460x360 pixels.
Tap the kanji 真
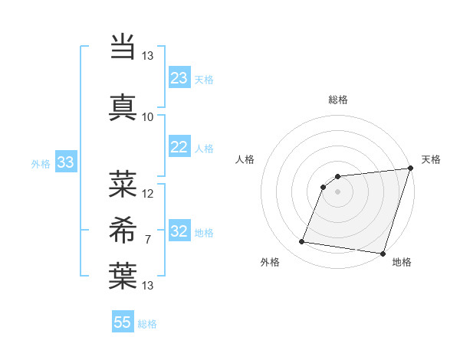(x=123, y=106)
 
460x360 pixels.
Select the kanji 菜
(x=123, y=184)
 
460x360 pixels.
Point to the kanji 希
(x=123, y=230)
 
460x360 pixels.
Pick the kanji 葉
(x=123, y=277)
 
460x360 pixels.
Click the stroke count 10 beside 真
(x=148, y=117)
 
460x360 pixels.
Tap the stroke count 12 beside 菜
(x=148, y=194)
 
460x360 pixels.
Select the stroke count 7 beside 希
(x=148, y=241)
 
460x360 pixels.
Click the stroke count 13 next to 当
(x=148, y=56)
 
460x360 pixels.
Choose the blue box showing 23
(x=179, y=78)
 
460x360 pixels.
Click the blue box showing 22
(x=179, y=148)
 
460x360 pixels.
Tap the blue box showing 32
(x=179, y=232)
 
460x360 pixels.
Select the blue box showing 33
(x=65, y=162)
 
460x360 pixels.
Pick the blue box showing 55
(x=123, y=322)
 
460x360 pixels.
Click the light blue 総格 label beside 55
(x=147, y=324)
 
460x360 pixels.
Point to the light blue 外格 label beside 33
(x=41, y=164)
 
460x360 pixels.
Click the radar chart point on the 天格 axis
(x=410, y=169)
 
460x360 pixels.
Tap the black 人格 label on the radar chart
(x=245, y=159)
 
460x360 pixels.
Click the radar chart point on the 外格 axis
(x=302, y=242)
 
